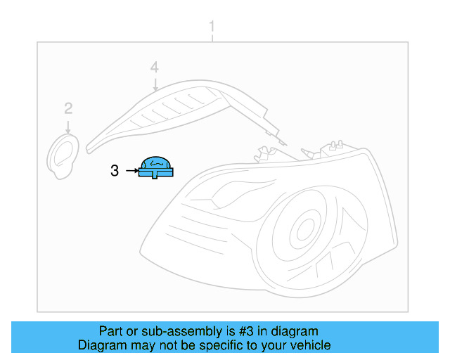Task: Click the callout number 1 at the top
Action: tap(212, 26)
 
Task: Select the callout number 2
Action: tap(68, 108)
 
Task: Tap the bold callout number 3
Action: tap(115, 169)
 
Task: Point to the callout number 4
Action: tap(154, 67)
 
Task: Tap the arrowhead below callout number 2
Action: tap(68, 130)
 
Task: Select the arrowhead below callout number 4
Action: tap(155, 89)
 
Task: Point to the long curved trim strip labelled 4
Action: tap(176, 112)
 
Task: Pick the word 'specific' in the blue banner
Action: tap(225, 345)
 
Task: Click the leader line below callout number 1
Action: tap(212, 37)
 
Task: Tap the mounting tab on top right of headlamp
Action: tap(333, 148)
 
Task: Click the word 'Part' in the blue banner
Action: tap(110, 331)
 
